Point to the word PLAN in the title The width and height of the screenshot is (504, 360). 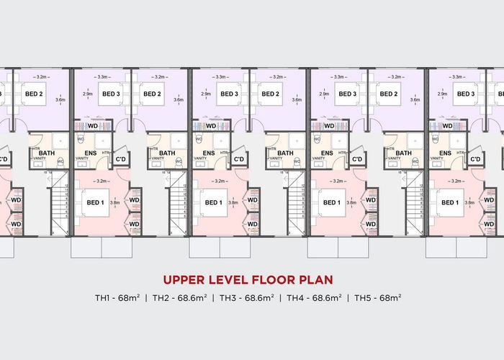pos(316,279)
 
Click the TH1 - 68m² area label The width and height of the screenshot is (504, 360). pos(117,297)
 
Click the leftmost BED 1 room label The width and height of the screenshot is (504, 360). pos(96,203)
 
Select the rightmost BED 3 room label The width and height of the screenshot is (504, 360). pos(466,94)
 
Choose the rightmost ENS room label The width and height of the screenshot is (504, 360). pos(445,153)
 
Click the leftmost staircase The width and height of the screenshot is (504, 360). pos(62,207)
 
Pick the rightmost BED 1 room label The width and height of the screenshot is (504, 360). pos(449,203)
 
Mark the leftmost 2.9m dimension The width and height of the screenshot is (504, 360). pos(88,94)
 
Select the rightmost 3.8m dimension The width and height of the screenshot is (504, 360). pos(469,203)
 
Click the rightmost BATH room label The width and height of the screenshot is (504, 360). pos(404,153)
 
